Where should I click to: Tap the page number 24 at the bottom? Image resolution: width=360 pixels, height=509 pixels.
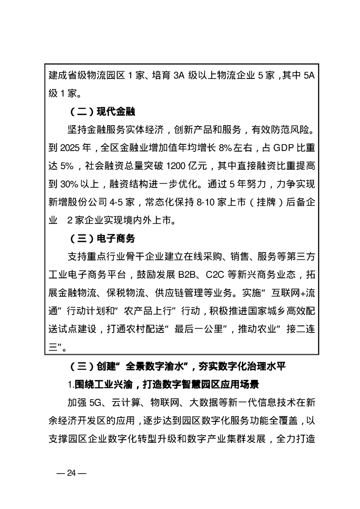(x=72, y=473)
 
